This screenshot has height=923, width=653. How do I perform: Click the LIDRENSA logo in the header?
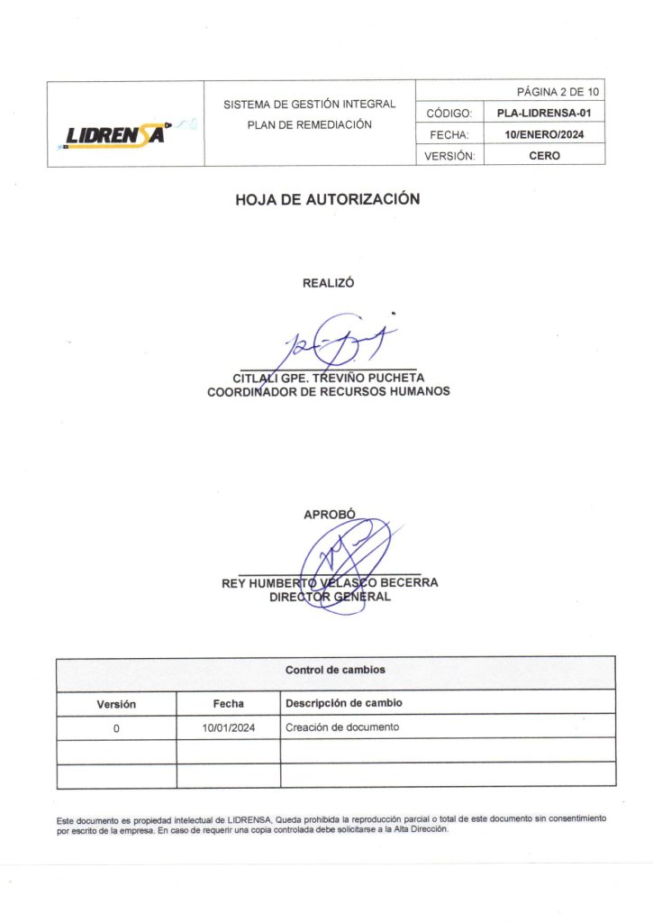[117, 134]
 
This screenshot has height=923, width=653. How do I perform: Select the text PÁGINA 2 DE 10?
[558, 92]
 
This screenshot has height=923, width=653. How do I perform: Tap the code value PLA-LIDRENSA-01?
[544, 114]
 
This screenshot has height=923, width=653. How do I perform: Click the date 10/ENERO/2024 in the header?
[544, 134]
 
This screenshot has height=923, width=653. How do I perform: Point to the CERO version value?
[544, 156]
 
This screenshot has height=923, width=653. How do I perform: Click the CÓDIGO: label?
[449, 114]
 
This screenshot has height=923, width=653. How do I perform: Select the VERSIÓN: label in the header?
[449, 156]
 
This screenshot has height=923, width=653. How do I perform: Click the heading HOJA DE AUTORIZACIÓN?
[328, 200]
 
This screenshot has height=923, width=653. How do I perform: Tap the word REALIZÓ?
[328, 282]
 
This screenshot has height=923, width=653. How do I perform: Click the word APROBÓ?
[330, 515]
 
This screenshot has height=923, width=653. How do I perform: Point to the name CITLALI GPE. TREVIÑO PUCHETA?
[329, 379]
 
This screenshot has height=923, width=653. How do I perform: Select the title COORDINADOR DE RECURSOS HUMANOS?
[329, 392]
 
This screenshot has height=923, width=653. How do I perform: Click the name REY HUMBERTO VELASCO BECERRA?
[330, 583]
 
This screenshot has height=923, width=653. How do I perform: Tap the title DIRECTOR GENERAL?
[330, 597]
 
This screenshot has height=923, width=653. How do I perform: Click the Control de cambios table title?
[335, 671]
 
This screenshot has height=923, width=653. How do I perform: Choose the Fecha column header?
[228, 704]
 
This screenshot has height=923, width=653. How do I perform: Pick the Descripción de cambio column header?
[343, 703]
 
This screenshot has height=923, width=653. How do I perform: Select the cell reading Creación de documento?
[341, 727]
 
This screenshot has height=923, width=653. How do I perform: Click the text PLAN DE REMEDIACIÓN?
[310, 124]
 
